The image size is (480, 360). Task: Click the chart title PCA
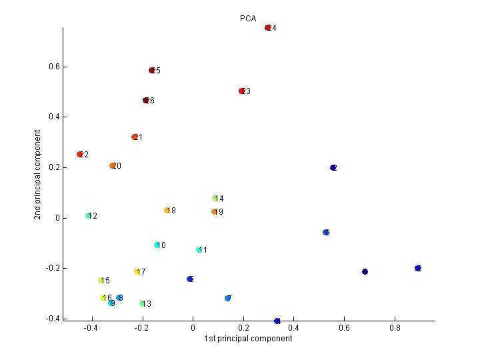248,19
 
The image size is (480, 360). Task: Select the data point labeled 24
268,28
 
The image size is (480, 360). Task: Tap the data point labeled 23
242,91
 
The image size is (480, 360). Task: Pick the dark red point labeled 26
146,101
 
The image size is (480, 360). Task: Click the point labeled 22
80,155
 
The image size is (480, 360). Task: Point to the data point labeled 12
88,216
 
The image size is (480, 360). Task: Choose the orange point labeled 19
214,212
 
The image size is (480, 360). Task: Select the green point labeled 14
215,199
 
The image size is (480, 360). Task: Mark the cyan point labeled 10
157,245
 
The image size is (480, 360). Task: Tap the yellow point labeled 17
137,272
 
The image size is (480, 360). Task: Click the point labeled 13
142,304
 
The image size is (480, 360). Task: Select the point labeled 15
101,281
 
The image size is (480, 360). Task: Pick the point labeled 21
135,137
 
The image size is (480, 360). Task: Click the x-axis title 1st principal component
248,339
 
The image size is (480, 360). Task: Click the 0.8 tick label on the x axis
395,328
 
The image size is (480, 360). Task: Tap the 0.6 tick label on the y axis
54,67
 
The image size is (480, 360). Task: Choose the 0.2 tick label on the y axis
54,167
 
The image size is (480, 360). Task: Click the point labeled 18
167,211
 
